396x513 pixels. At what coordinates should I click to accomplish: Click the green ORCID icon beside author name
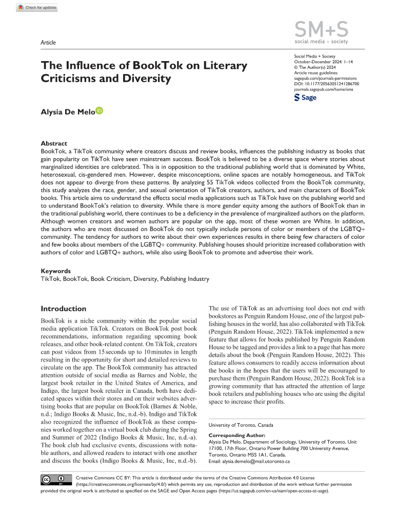pos(99,110)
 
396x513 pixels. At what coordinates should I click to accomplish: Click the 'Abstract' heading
pos(53,144)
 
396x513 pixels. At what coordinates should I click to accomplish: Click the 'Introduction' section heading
pos(64,309)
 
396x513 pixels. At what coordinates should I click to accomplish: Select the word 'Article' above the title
pos(48,43)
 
